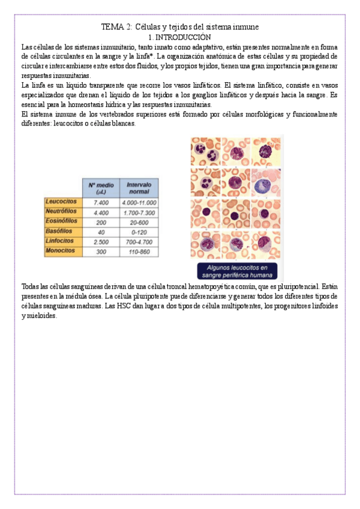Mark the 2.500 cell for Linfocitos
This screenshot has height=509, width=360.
tap(101, 241)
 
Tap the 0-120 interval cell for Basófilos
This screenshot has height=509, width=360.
tap(139, 232)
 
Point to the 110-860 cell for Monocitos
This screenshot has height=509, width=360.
tap(139, 251)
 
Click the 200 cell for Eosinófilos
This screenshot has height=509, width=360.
tap(101, 222)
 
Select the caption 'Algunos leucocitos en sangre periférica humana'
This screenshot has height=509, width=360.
tap(237, 271)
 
